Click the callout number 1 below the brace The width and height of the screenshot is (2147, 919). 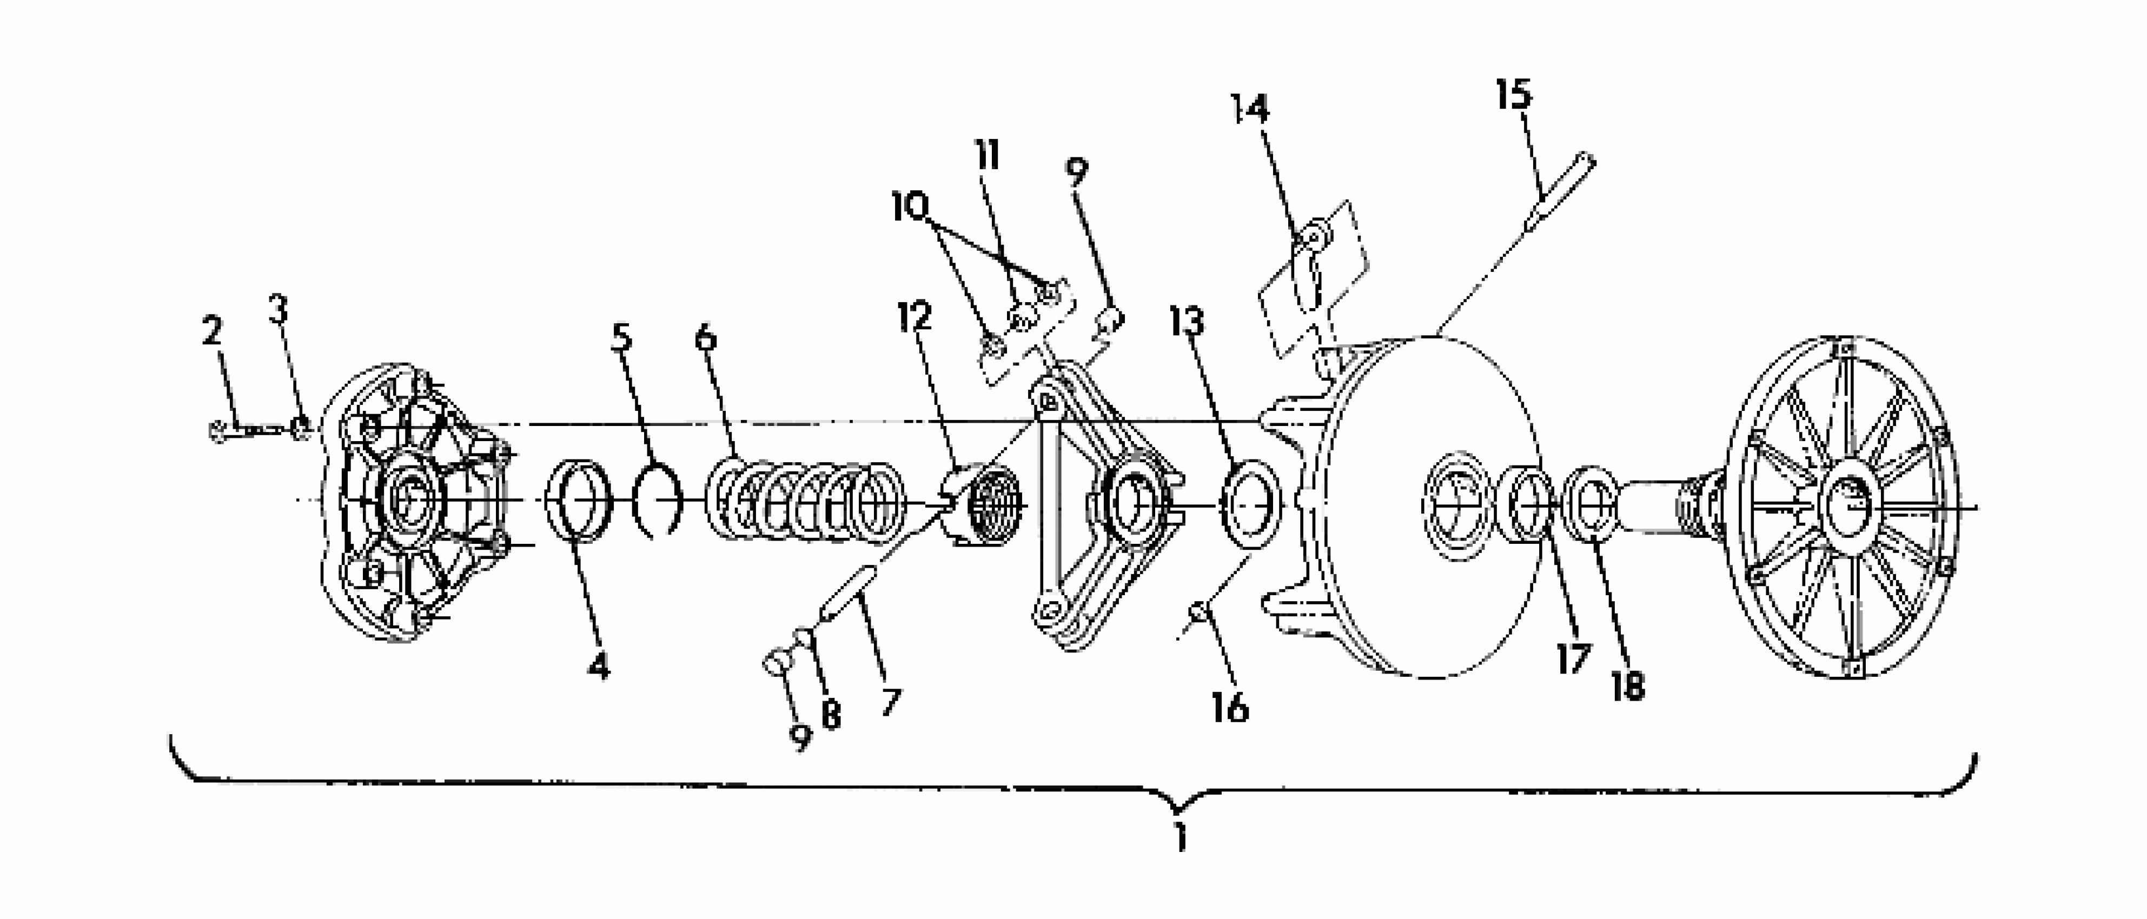(x=1179, y=837)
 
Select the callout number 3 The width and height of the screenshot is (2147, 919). (x=279, y=309)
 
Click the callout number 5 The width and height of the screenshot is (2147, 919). (x=621, y=337)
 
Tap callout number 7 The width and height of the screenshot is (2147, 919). (x=891, y=702)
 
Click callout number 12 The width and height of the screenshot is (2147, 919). (x=915, y=317)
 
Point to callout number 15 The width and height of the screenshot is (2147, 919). (x=1514, y=94)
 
